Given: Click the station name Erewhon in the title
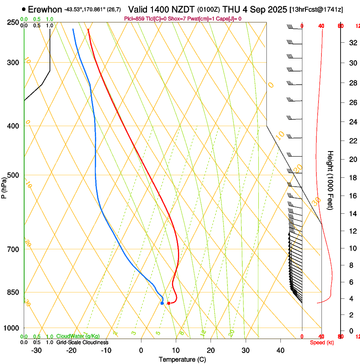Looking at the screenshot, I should pos(45,9).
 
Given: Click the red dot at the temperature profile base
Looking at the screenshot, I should pos(169,303).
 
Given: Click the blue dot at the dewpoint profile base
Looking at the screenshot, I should pos(162,303).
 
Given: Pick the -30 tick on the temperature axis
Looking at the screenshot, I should pos(36,350).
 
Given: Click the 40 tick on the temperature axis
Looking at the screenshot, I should pos(280,350).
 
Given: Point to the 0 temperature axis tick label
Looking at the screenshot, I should pos(141,350).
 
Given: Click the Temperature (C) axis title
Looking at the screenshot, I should pos(182,359).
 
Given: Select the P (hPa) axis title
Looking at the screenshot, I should pos(4,187).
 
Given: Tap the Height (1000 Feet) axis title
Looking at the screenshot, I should pos(331,180).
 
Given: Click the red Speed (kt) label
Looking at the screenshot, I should pos(321,342).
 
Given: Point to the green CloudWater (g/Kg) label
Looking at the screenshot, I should pos(78,336).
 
